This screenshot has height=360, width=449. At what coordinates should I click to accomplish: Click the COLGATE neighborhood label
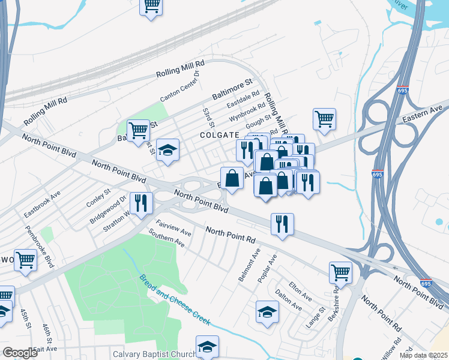tap(220, 136)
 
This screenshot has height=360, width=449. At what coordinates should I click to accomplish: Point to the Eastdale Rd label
tap(243, 99)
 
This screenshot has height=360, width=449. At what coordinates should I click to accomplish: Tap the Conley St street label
tap(98, 197)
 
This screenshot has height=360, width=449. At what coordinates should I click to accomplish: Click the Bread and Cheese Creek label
tap(175, 300)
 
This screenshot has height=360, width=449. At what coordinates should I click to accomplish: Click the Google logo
tap(20, 353)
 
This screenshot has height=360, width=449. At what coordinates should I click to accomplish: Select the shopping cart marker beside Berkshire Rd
tap(340, 272)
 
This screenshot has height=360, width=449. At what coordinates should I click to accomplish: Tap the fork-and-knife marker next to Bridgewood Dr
tap(141, 203)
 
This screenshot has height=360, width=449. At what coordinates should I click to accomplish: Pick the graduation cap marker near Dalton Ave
tap(267, 311)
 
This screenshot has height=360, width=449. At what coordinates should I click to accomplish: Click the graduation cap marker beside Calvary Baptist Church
tap(207, 346)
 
